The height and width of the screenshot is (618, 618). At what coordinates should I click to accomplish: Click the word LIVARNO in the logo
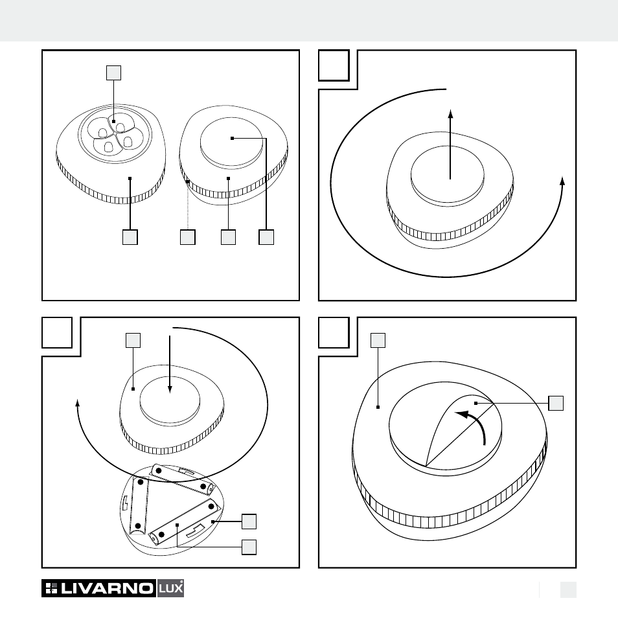pos(107,588)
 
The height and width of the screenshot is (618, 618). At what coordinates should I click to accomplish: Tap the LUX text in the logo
pos(170,588)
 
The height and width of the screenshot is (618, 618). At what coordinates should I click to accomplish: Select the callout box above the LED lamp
pos(113,73)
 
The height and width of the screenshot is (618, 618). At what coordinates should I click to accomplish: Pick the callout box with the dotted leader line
pos(188,237)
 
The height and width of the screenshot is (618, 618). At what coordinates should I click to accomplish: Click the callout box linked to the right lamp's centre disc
pos(266,237)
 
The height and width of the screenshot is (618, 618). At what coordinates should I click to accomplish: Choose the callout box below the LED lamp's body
pos(130,237)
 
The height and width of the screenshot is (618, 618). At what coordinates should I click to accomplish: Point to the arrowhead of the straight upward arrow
pos(450,114)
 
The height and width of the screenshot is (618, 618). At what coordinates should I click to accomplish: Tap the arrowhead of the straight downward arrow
pos(170,389)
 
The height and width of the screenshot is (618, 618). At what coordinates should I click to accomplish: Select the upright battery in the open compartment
pos(139,505)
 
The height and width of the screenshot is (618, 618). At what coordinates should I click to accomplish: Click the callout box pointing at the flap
pos(556,403)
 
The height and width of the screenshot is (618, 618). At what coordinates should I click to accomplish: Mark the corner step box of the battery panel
pos(57,333)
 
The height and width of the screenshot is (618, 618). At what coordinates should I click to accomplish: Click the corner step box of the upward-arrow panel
pos(334,65)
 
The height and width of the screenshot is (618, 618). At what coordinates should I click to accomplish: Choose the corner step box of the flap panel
pos(334,333)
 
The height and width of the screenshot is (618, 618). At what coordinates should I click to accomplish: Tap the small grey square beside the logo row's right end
pos(568,589)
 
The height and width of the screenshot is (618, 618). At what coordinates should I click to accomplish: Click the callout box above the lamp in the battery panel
pos(133,341)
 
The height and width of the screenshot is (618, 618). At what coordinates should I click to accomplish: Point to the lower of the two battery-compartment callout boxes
pos(249,547)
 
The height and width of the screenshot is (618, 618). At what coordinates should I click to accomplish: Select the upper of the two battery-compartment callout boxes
pos(249,521)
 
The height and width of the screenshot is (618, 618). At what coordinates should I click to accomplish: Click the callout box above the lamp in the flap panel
pos(378,341)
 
